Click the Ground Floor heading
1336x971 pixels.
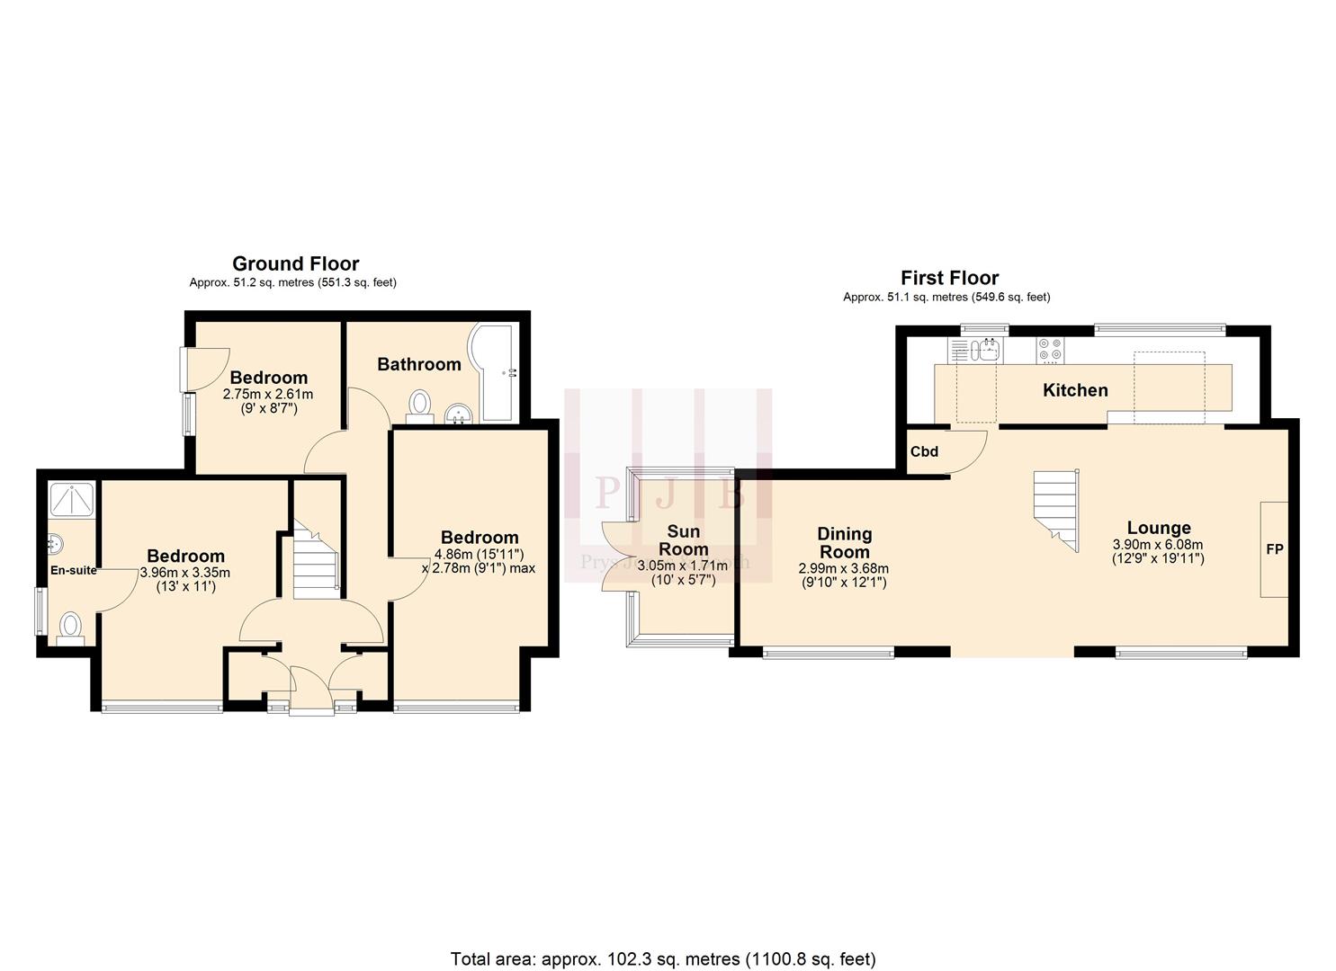(x=295, y=263)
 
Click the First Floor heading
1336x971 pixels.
(x=949, y=278)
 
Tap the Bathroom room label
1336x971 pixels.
(x=418, y=364)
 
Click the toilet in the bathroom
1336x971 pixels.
(x=419, y=405)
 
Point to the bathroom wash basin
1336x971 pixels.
(x=460, y=414)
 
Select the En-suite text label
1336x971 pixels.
(x=73, y=570)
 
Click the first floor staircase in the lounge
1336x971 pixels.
(x=1057, y=508)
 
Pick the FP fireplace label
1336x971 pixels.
(x=1274, y=548)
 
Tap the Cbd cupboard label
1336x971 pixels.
(x=924, y=451)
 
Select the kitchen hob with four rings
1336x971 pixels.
(x=1049, y=349)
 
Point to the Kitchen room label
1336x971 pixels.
(x=1074, y=390)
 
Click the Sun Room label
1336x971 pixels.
(x=683, y=540)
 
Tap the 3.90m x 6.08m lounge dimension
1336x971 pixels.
(x=1158, y=544)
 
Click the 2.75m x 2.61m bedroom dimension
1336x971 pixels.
(x=268, y=394)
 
